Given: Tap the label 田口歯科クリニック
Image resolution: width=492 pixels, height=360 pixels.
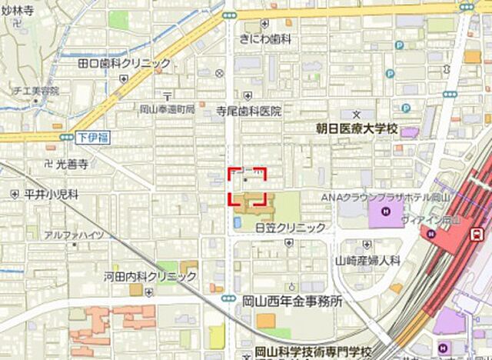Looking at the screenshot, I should (x=124, y=63).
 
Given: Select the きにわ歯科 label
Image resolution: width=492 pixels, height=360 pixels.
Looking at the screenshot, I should (x=265, y=38).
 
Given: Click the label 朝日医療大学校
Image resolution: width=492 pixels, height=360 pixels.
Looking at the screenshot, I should (x=358, y=128).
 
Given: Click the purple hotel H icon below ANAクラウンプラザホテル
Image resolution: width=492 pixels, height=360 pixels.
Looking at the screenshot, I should (x=385, y=212).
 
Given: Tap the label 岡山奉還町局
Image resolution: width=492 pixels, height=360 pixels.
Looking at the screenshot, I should (x=167, y=110).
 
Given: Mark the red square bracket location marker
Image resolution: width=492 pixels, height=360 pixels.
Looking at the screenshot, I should (x=247, y=186).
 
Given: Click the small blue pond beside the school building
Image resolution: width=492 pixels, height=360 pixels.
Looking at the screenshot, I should (x=236, y=222).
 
